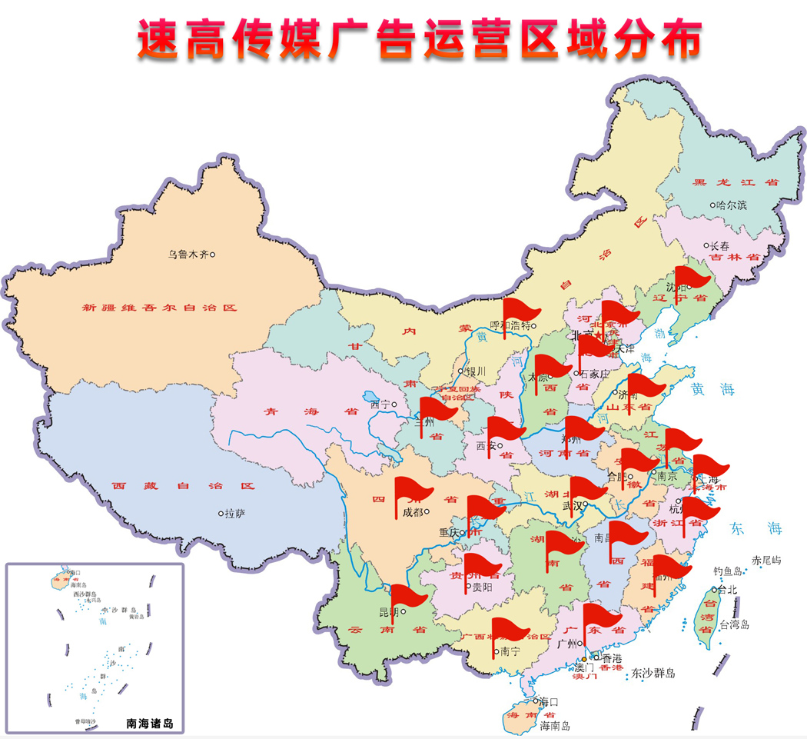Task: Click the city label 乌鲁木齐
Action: [x=188, y=255]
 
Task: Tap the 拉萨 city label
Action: [x=234, y=513]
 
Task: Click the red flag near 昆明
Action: [x=407, y=596]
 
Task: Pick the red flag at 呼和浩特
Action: [x=520, y=312]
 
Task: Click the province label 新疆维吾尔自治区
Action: [x=159, y=308]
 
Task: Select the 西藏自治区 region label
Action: [x=182, y=486]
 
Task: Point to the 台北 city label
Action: [x=727, y=590]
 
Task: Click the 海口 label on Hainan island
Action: [x=548, y=701]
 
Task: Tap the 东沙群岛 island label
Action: [x=653, y=674]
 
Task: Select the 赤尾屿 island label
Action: [x=766, y=561]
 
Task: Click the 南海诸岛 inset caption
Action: [x=150, y=723]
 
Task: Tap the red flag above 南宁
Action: [x=508, y=629]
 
